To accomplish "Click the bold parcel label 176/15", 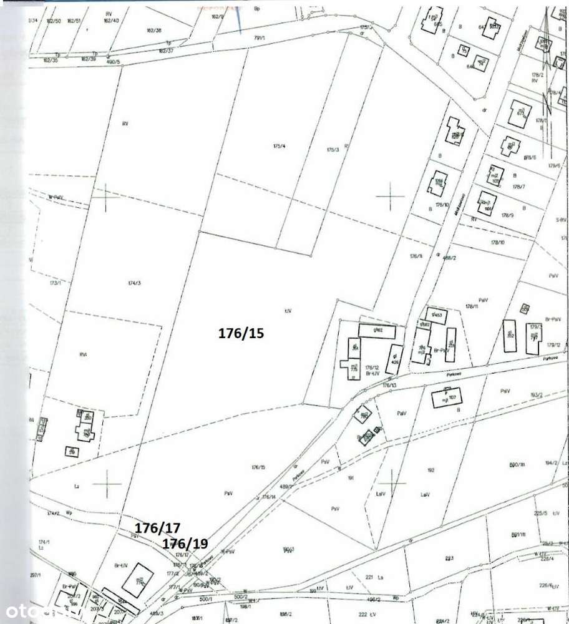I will coord(241,333).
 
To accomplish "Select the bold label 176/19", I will coord(185,544).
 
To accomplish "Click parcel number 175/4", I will coord(279,147).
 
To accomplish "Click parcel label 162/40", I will coord(111,21).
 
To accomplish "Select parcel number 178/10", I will coord(497,241).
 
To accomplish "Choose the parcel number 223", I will coord(449,557).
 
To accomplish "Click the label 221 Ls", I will coord(372,578).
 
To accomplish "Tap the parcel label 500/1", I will coord(205,597).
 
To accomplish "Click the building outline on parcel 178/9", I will coord(486,204).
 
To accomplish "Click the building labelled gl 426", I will coord(394,359).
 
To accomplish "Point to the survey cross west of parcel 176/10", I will coord(391,197).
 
